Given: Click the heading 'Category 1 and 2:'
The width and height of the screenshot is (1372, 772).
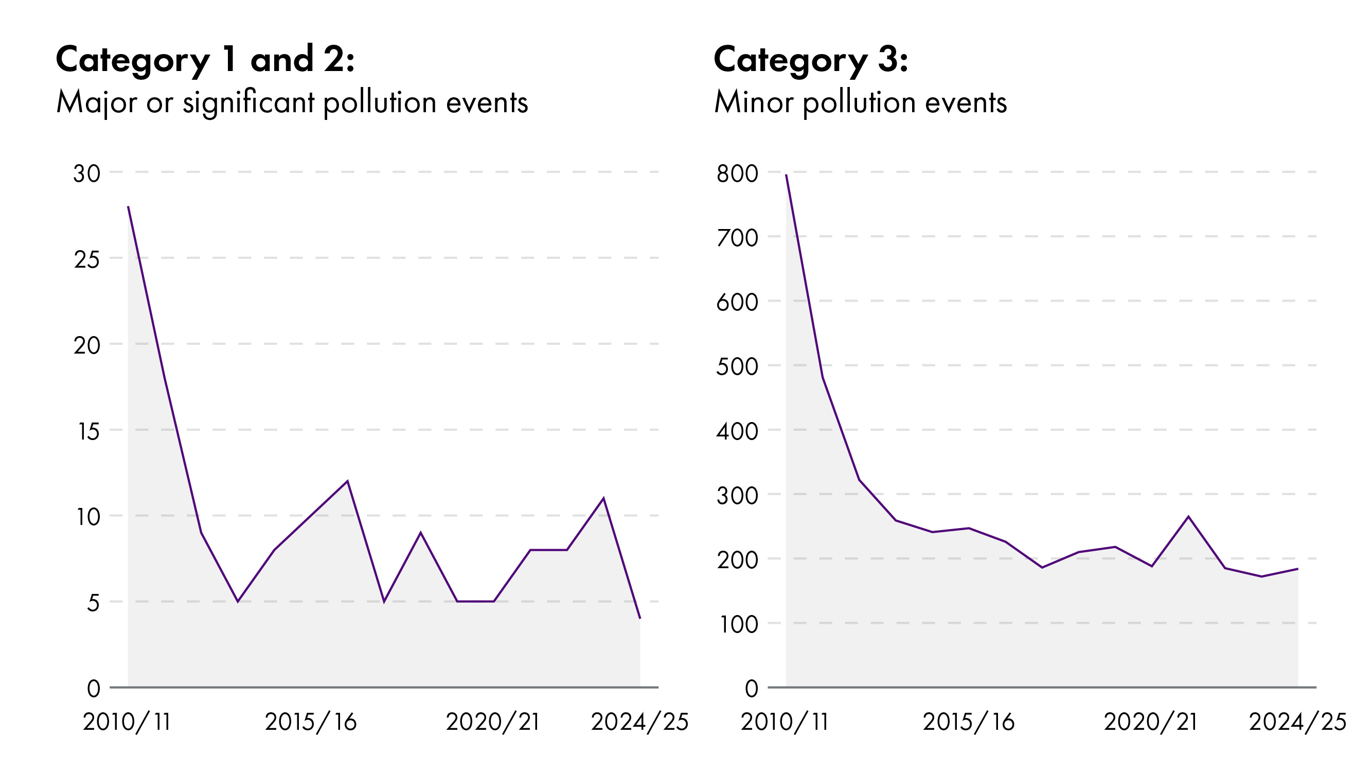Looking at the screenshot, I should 205,60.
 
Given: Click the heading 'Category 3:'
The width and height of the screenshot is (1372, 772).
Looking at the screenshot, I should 811,60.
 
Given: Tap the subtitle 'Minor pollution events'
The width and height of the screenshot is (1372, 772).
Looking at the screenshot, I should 860,102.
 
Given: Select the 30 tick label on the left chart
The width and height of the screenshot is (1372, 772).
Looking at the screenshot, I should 87,173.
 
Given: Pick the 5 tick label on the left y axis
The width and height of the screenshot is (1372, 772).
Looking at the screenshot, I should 93,603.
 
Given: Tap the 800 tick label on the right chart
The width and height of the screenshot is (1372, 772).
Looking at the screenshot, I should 737,173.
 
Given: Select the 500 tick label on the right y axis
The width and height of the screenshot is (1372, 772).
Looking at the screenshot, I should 737,366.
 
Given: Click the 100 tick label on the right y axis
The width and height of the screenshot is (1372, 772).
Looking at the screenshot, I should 738,624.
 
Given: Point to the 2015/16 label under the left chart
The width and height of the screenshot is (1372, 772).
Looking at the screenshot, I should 311,722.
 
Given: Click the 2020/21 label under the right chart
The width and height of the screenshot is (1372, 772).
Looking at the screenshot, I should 1150,722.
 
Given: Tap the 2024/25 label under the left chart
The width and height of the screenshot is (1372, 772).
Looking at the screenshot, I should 639,722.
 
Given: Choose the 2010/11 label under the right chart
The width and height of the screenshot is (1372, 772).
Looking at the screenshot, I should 785,722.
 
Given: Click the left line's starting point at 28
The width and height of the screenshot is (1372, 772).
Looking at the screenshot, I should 129,207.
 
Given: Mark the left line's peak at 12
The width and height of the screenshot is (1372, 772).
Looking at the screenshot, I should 347,481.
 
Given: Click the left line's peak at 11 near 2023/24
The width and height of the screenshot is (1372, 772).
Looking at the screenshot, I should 603,498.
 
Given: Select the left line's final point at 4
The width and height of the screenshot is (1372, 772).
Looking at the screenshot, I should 639,619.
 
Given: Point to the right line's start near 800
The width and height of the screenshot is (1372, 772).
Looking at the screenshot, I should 786,175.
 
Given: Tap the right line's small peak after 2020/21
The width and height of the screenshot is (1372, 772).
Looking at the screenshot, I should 1188,516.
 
